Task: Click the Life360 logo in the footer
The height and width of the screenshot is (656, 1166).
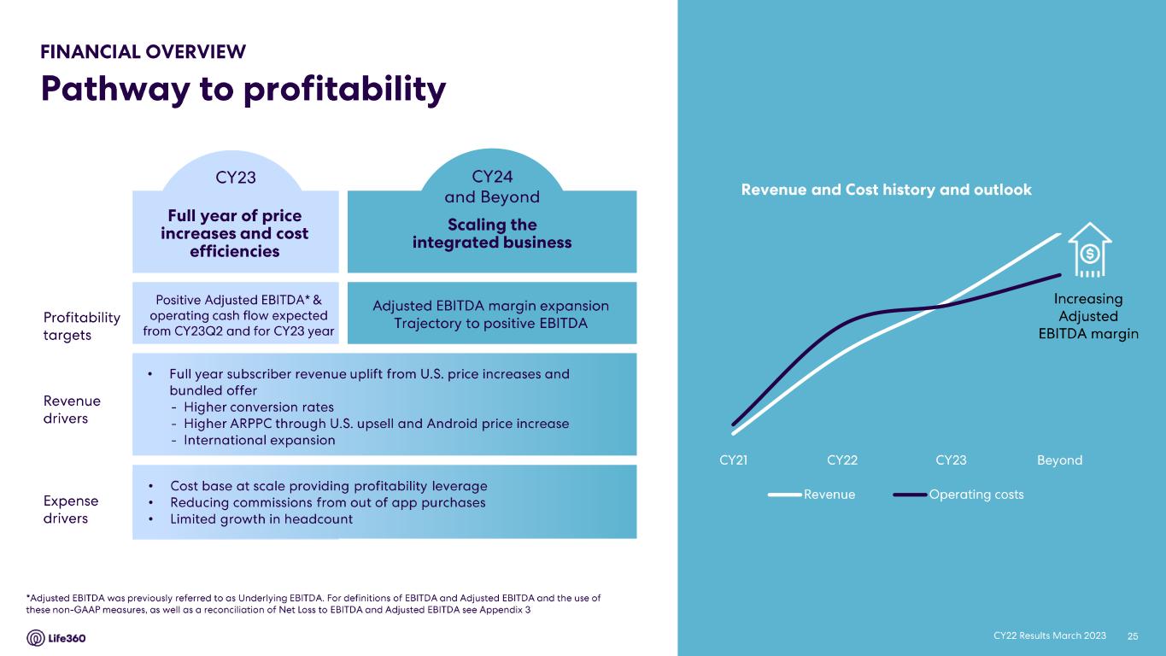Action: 56,638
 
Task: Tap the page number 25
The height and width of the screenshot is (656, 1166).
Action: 1134,635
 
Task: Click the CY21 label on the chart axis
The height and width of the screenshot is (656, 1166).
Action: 734,460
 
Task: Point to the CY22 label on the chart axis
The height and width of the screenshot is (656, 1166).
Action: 842,460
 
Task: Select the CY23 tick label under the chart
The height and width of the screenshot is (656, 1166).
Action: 951,460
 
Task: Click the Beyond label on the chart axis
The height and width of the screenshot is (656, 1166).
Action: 1059,460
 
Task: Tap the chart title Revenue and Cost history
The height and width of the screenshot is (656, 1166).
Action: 886,190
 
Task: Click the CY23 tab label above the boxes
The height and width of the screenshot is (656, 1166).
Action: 236,178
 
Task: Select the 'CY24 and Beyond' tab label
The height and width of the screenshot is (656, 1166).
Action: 492,186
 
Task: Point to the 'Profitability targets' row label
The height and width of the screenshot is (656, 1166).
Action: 81,325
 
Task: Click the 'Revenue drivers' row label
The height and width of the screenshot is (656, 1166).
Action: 71,409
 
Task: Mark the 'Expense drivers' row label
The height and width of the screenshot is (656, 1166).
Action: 70,509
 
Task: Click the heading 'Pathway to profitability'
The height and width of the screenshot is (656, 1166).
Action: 243,89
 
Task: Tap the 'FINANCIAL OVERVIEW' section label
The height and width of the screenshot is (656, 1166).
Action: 144,52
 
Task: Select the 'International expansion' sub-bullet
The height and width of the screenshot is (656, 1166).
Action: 259,441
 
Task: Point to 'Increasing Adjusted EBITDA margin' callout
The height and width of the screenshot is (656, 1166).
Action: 1087,316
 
